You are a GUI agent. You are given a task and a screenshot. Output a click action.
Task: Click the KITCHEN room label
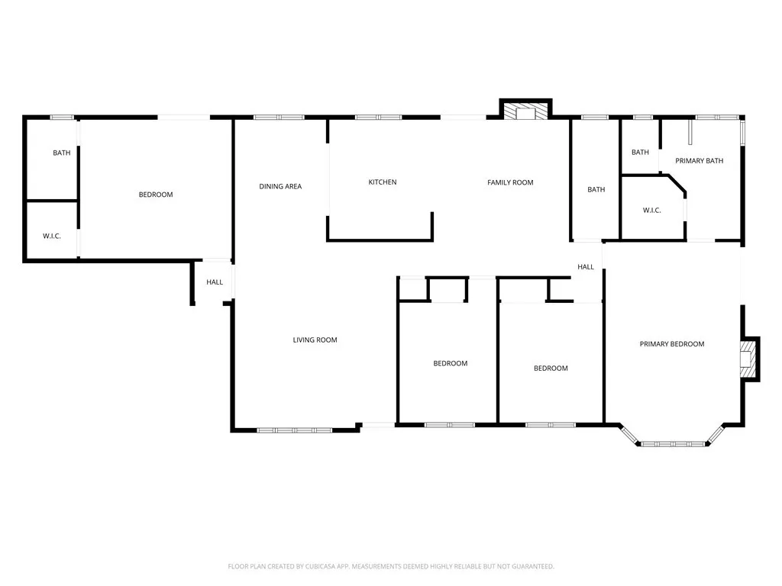pos(382,182)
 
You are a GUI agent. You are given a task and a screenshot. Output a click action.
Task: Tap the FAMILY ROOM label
pos(510,182)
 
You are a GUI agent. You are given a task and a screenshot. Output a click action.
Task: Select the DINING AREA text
pos(280,186)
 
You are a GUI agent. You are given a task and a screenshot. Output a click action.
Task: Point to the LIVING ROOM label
pos(315,340)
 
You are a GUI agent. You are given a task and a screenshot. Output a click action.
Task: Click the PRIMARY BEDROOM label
pos(671,344)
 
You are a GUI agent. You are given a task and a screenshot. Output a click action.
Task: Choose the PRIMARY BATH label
pos(699,161)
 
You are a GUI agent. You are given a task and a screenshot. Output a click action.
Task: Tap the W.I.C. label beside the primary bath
pos(651,211)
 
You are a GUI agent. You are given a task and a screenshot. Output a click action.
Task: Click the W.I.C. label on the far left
pos(51,236)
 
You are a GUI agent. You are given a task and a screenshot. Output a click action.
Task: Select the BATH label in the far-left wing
pos(61,153)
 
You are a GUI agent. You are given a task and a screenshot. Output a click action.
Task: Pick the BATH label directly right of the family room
pos(596,190)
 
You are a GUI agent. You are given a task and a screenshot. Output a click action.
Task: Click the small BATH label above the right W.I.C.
pos(640,153)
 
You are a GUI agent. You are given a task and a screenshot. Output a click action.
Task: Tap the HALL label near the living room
pos(215,282)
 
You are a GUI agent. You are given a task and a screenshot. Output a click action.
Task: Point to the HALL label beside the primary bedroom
pos(586,267)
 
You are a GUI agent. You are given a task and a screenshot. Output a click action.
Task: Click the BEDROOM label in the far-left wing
pos(155,195)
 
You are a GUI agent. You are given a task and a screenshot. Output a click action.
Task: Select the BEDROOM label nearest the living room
pos(450,364)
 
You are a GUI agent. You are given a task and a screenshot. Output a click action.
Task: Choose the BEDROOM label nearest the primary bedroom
pos(550,369)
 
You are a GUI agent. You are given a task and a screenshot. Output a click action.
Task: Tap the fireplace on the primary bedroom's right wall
pos(748,358)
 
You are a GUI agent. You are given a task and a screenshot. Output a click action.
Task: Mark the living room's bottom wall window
pos(294,430)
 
